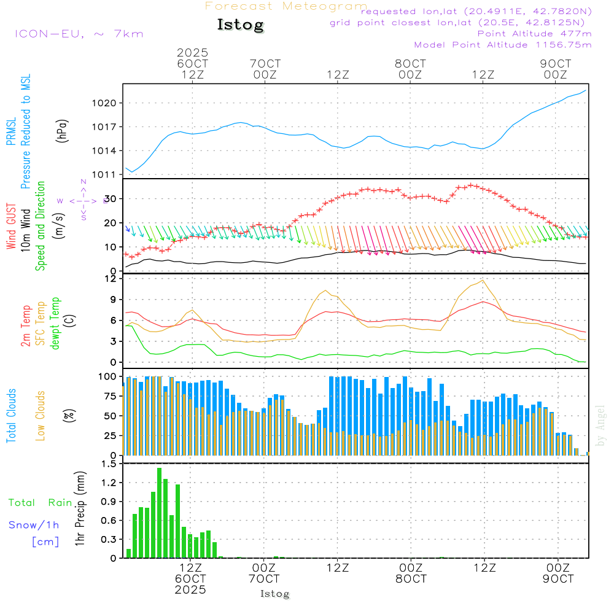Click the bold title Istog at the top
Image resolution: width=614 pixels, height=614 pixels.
pos(240,25)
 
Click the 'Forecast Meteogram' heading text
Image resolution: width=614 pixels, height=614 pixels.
pos(286,6)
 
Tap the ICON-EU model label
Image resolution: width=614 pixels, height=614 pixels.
pos(79,34)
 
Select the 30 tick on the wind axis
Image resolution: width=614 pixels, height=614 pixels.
pos(111,199)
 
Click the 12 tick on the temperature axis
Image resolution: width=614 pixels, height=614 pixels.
pos(111,279)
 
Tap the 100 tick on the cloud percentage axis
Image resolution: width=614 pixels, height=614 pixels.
pos(107,376)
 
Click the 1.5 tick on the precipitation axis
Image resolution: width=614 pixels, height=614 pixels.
pos(109,464)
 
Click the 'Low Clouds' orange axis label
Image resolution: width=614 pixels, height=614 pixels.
pos(41,414)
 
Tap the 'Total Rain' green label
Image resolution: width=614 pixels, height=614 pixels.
pos(40,503)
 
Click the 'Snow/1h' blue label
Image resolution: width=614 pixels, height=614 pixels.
pos(34,526)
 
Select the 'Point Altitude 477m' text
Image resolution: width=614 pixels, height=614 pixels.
pos(534,34)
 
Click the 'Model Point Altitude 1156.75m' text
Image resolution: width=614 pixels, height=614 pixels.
pos(503,45)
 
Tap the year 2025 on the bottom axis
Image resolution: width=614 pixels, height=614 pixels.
pos(190,589)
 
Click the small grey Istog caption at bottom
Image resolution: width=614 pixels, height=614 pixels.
pos(274,594)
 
